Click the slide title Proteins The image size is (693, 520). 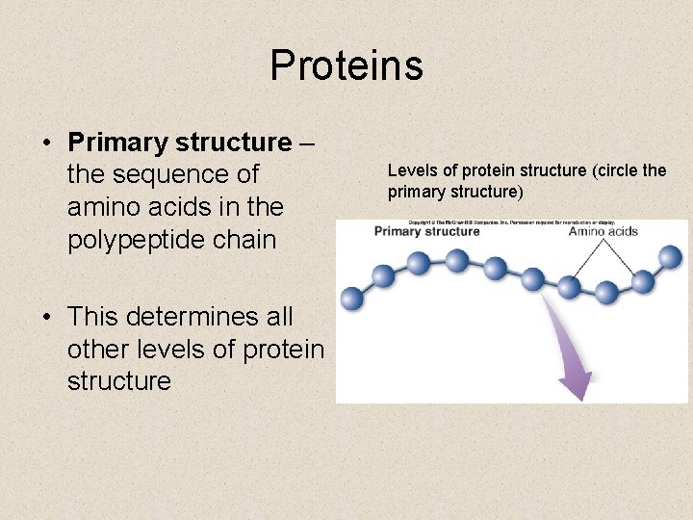click(x=346, y=65)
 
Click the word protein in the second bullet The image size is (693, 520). click(x=280, y=348)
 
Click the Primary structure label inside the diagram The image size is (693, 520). click(x=426, y=231)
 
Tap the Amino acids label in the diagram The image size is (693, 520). click(x=603, y=231)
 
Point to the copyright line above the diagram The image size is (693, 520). click(x=510, y=221)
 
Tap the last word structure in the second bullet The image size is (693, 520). click(x=118, y=380)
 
